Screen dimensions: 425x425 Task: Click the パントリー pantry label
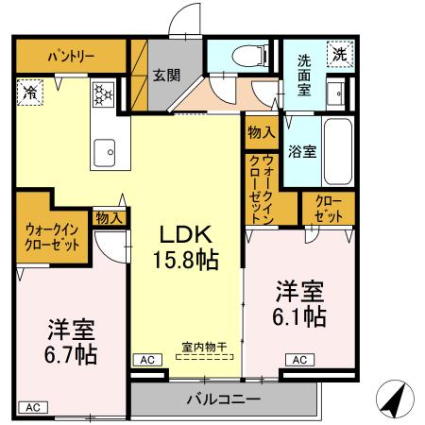coord(72,56)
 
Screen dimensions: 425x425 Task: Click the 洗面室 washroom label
coord(304,75)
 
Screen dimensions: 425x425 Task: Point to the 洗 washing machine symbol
coord(337,55)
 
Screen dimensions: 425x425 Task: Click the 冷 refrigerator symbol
coord(29,93)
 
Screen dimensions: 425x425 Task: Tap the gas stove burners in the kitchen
coord(100,93)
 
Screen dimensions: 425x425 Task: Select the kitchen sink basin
coord(103,149)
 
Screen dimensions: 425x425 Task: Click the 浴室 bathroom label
coord(302,151)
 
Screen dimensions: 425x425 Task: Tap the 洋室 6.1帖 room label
coord(301,303)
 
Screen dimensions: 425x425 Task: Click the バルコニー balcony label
coord(223,399)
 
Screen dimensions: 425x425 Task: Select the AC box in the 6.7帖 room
coord(31,407)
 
